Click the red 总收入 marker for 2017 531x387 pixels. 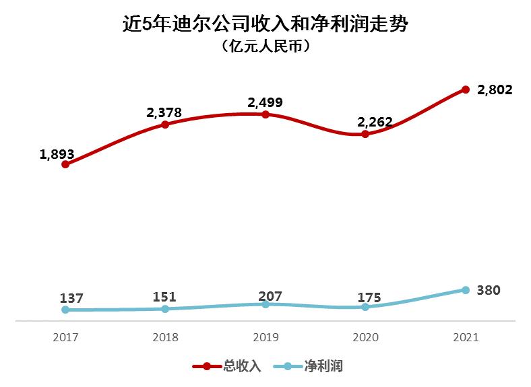pyautogui.click(x=65, y=164)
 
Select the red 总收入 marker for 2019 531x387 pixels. pyautogui.click(x=265, y=114)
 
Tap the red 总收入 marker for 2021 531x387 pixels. pyautogui.click(x=465, y=90)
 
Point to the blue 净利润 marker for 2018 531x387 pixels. pyautogui.click(x=165, y=309)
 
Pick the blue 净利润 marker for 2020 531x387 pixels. pyautogui.click(x=365, y=307)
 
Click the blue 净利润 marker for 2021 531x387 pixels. pyautogui.click(x=465, y=290)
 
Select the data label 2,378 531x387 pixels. pyautogui.click(x=164, y=112)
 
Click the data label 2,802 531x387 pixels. pyautogui.click(x=495, y=90)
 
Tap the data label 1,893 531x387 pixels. pyautogui.click(x=57, y=154)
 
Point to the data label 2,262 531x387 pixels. pyautogui.click(x=375, y=122)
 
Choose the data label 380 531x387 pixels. pyautogui.click(x=489, y=291)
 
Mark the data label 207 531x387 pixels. pyautogui.click(x=270, y=295)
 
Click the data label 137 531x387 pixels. pyautogui.click(x=71, y=298)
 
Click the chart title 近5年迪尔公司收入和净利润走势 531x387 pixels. pyautogui.click(x=265, y=25)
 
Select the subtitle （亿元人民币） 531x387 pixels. pyautogui.click(x=265, y=47)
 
